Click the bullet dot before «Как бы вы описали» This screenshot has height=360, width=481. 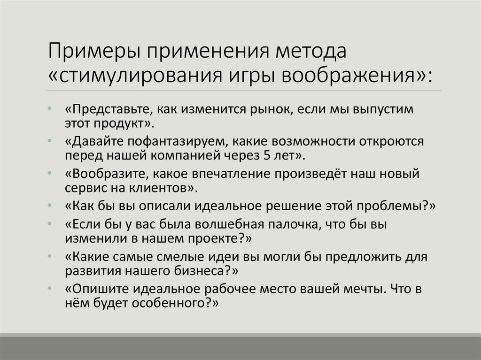pos(50,207)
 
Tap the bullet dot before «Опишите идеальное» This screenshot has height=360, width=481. pos(50,290)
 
